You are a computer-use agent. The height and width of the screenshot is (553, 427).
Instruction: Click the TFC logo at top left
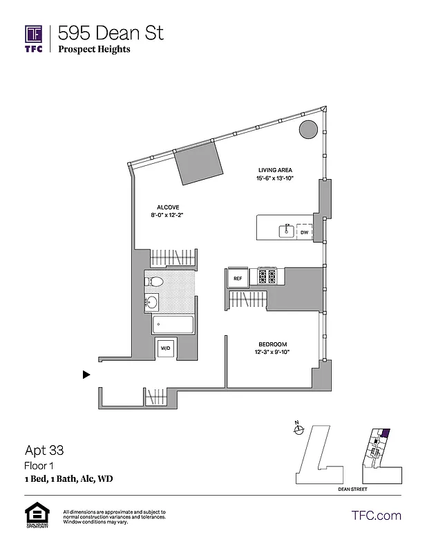point(33,38)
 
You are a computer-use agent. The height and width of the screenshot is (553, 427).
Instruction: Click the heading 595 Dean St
point(111,32)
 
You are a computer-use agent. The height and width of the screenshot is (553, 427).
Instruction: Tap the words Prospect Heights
point(94,49)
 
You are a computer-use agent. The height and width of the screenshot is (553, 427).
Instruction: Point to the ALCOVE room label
point(167,207)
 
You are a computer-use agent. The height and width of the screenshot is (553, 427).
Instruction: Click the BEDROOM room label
point(273,344)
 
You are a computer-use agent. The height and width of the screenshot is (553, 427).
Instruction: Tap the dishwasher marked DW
point(304,233)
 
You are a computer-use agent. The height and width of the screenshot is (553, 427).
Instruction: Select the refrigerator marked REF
point(238,279)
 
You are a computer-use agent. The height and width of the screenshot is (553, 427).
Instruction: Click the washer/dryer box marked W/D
point(166,348)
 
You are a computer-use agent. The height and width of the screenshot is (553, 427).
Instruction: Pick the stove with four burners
point(267,277)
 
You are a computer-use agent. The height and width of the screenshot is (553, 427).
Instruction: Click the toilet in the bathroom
point(154,281)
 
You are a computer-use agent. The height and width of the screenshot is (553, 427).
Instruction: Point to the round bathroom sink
point(151,301)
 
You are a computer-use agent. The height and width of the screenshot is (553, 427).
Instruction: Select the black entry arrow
point(86,375)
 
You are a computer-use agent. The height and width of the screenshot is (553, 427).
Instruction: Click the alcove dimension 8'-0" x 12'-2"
point(167,216)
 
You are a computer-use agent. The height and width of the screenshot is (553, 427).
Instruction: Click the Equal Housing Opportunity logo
point(36,516)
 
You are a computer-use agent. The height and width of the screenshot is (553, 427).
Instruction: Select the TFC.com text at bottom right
point(376,515)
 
